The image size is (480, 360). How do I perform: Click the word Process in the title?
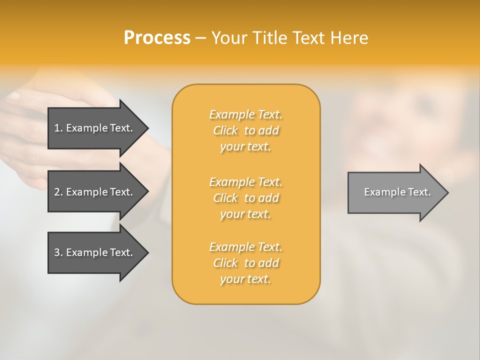pos(157,38)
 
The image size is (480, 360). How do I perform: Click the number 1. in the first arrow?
pos(58,128)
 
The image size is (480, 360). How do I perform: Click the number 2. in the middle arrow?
pos(58,192)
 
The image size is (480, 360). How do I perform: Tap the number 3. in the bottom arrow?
pos(58,252)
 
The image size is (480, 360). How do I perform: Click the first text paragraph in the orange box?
pos(246,130)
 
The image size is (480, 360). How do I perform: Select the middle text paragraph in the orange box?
pos(246,197)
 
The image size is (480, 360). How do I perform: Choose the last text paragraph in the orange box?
pos(246,263)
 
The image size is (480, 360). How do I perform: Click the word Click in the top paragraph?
pos(225,130)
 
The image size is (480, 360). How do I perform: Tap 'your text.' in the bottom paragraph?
pos(245,279)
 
